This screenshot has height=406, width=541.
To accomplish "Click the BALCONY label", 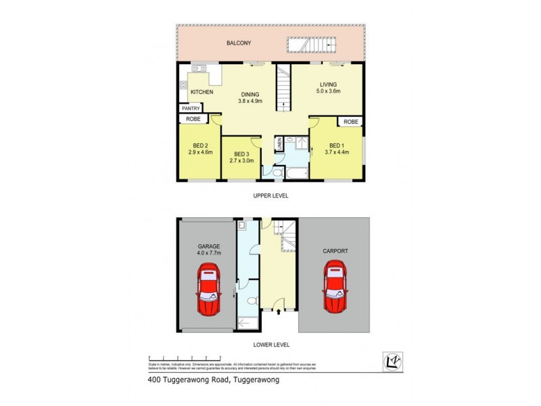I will [x=238, y=43].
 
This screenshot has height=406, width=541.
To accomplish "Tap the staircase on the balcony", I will [x=312, y=45].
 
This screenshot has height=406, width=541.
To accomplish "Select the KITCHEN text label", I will [x=202, y=92].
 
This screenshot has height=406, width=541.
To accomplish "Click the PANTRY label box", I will [x=190, y=108].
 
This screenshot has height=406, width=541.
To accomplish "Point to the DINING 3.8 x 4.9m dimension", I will [x=250, y=101].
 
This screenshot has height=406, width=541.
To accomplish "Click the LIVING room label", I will [x=328, y=85].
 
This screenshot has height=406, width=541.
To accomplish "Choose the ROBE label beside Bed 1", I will [x=350, y=122].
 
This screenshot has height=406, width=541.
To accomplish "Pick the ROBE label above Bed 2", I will [x=193, y=119].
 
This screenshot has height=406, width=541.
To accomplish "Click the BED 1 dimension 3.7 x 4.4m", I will [x=337, y=153].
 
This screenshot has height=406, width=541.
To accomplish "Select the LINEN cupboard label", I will [x=278, y=144].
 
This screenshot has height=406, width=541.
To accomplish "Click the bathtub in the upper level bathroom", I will [x=295, y=174].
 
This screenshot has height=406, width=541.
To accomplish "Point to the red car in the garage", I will [x=208, y=291].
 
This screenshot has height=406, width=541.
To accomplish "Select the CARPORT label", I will [x=335, y=251].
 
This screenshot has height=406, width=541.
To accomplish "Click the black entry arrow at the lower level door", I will [x=279, y=312].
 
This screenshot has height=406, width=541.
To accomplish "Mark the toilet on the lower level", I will [x=251, y=300].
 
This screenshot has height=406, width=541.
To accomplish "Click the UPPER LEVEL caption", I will [x=271, y=195].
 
